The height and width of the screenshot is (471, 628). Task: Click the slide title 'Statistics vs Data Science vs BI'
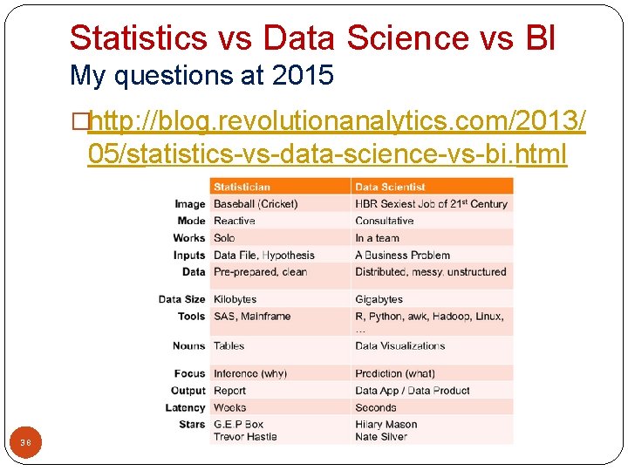(x=312, y=38)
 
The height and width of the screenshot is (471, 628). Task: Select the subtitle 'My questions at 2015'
(x=201, y=76)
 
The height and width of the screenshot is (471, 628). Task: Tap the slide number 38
(x=26, y=443)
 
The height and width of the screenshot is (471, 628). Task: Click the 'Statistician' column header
(x=242, y=187)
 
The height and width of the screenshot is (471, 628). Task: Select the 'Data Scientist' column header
(x=390, y=187)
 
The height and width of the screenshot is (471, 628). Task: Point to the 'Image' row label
(x=190, y=204)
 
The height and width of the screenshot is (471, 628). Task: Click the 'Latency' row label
(x=185, y=407)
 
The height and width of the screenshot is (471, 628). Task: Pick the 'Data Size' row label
(x=181, y=299)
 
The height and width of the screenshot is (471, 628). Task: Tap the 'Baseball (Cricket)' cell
(x=256, y=204)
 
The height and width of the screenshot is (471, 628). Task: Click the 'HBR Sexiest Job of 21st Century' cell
(x=431, y=204)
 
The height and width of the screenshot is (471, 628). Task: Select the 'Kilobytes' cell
(x=235, y=299)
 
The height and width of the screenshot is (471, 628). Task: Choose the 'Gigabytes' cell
(x=379, y=299)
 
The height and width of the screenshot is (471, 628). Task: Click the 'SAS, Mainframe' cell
(x=251, y=317)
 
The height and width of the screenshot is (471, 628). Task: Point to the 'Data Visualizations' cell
(x=399, y=346)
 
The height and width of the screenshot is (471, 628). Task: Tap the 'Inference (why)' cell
(x=249, y=373)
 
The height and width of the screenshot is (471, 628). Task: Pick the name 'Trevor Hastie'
(x=245, y=436)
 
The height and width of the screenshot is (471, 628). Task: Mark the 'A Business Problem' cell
(x=402, y=255)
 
